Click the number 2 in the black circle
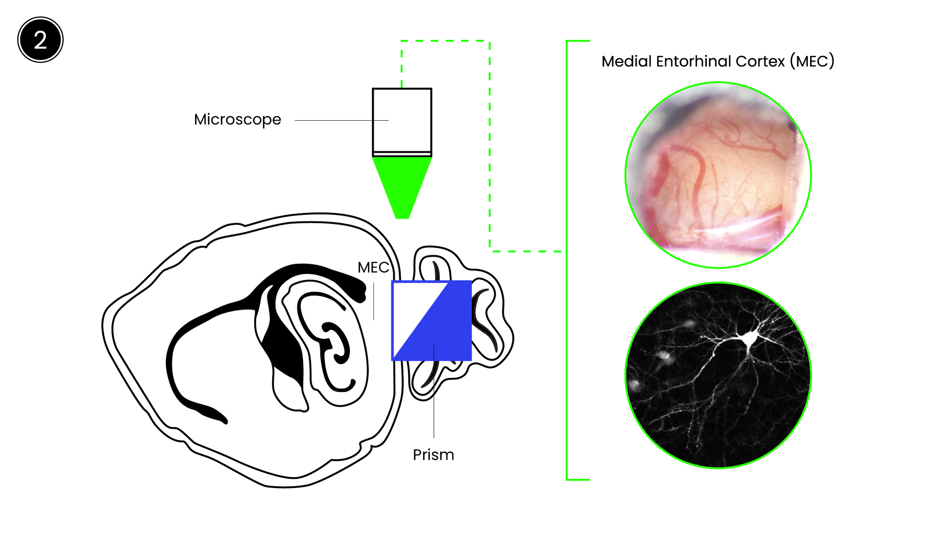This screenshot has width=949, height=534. pos(40,40)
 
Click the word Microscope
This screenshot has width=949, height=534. pos(237,120)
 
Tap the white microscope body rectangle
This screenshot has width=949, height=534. pos(402,120)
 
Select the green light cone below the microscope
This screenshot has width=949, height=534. pos(402,182)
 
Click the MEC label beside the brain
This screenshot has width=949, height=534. pos(373,268)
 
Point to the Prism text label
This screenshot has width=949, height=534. pos(433,455)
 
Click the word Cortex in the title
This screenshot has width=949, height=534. pos(760,62)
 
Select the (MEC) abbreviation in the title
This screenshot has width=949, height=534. pos(812,62)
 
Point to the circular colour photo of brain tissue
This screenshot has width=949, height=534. pos(718,175)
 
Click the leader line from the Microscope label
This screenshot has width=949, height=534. pos(341,120)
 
